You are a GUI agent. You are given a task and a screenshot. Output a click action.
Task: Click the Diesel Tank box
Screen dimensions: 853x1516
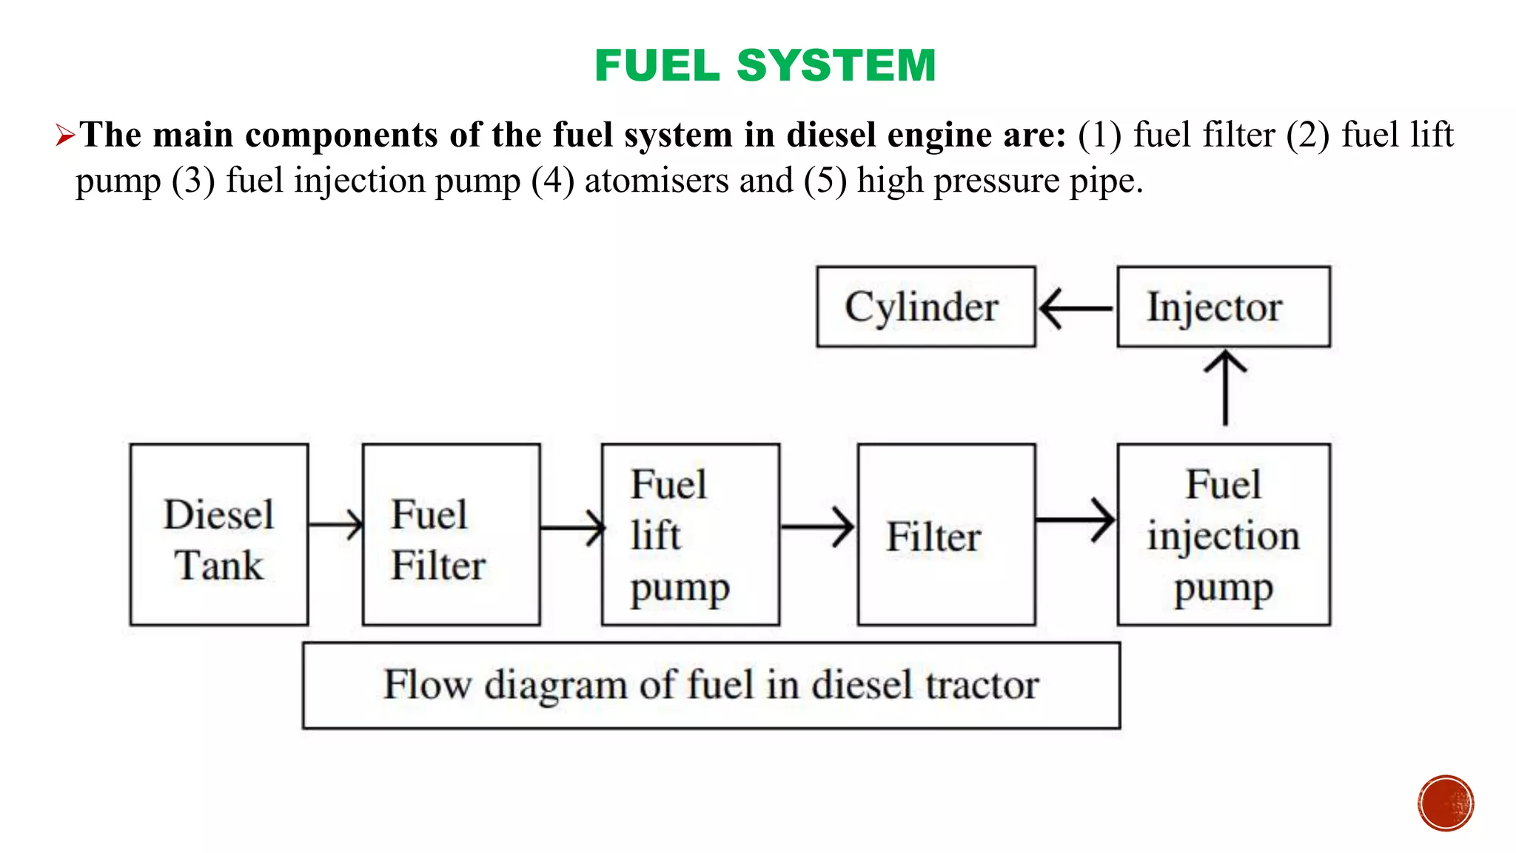pos(219,535)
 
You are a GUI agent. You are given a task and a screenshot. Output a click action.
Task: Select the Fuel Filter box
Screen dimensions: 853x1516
pos(452,535)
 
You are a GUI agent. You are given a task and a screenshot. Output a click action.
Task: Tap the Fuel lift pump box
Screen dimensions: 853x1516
pos(691,535)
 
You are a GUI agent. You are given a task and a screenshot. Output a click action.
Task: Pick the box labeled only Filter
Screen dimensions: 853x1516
pos(946,535)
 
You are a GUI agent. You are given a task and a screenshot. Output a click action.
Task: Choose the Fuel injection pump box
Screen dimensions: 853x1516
pos(1224,535)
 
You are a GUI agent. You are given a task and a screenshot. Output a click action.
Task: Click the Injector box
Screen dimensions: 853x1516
pos(1224,307)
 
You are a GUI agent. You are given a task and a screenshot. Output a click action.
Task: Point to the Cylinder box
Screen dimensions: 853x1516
pos(926,307)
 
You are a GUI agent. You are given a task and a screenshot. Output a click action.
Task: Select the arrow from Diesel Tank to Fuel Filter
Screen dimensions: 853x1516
pos(335,524)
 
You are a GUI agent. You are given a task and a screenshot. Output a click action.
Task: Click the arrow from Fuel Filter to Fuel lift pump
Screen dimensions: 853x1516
pos(572,528)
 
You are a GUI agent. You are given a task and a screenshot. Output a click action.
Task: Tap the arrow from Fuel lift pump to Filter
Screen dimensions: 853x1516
pos(818,527)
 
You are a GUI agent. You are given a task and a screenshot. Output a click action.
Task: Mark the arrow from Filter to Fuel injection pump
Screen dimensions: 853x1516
pos(1076,521)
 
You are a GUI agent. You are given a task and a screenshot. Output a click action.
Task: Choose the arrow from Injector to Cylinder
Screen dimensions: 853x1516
pos(1076,308)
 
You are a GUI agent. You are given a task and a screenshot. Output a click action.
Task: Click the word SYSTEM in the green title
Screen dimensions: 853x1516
pos(836,65)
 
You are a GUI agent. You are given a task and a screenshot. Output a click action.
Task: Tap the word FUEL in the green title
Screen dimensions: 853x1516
pos(657,65)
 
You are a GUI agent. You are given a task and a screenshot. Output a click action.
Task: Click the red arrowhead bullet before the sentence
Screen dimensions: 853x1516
pos(65,136)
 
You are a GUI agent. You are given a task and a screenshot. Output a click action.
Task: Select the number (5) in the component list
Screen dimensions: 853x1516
pos(825,181)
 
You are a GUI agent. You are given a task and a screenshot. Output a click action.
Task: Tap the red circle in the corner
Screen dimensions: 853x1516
pos(1446,803)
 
